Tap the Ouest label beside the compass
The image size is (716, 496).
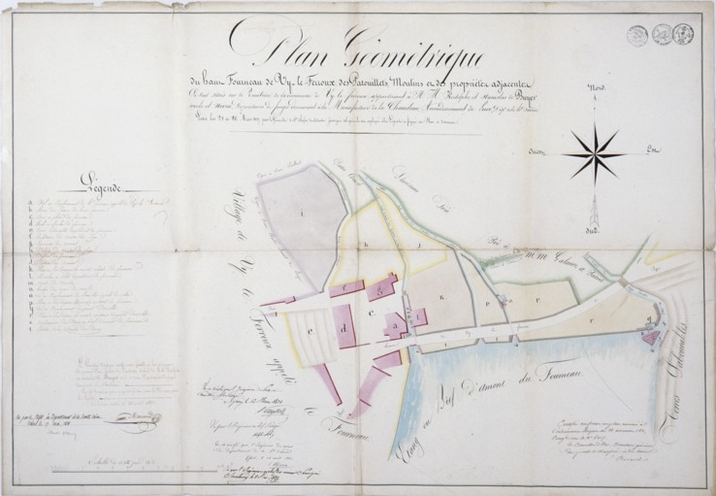537,151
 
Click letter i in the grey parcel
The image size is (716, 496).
303,212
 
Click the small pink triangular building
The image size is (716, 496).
650,337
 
